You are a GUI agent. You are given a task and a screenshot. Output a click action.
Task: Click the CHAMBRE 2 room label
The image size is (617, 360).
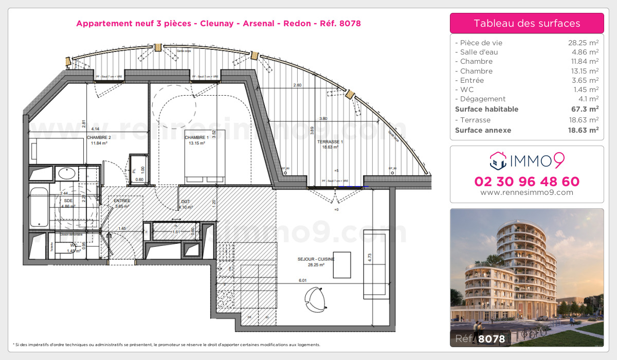pos(99,137)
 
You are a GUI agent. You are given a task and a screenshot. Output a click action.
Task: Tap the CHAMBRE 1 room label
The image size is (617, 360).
pos(196,137)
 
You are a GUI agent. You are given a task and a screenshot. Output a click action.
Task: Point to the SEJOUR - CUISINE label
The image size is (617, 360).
pos(316,259)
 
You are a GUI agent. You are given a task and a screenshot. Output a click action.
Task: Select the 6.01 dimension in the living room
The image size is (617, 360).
pos(302,280)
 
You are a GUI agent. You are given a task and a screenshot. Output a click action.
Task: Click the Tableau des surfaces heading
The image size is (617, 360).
pos(527,23)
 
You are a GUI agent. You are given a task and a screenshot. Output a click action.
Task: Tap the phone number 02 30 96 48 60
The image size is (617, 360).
pos(527,181)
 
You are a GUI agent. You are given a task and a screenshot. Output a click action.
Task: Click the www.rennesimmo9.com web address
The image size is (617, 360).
pos(527,192)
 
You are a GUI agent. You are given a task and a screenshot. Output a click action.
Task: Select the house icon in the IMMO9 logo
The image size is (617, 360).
pos(498,160)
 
